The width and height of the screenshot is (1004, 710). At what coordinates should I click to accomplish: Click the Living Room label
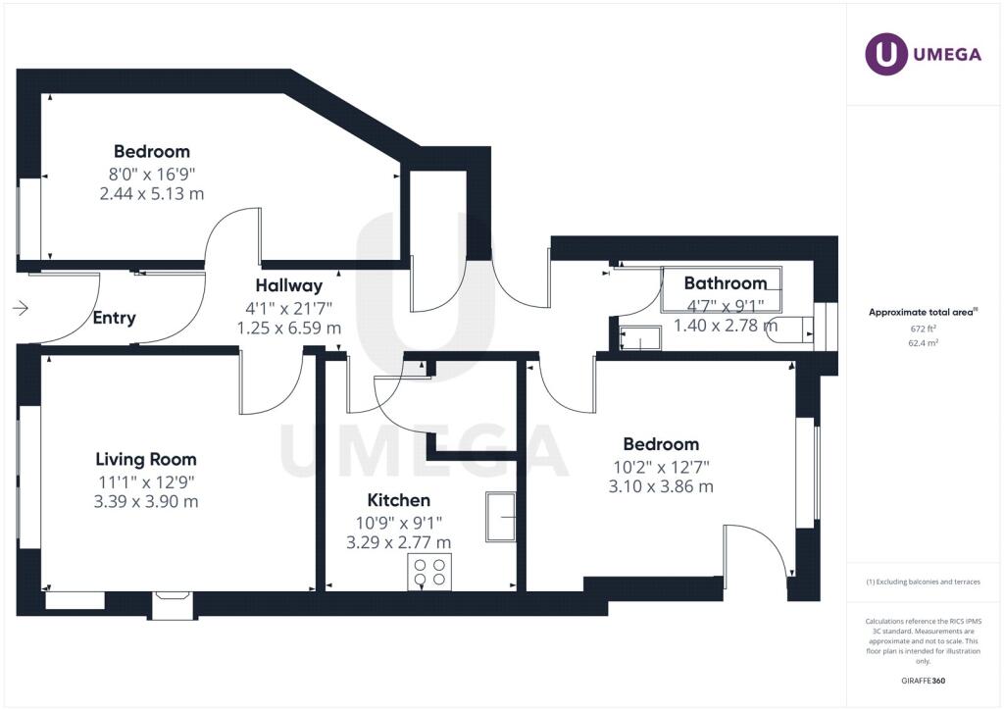[146, 459]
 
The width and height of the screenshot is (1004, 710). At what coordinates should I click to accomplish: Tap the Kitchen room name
[399, 500]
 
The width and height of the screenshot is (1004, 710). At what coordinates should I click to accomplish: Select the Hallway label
[289, 285]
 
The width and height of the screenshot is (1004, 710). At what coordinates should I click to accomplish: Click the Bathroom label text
[726, 283]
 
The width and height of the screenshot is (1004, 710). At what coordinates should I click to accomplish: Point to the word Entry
[114, 318]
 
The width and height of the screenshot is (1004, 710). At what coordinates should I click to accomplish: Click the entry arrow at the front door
[21, 309]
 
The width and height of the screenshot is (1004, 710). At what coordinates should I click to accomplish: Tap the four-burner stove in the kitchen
[429, 572]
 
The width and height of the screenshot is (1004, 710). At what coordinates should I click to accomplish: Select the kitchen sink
[501, 517]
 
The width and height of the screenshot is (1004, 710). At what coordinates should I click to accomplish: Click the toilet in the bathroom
[791, 330]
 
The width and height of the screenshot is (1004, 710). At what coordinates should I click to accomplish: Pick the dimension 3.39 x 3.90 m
[146, 501]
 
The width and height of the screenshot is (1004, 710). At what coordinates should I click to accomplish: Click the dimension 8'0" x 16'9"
[152, 175]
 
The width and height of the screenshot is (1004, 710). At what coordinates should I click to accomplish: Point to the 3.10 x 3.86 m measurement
[661, 486]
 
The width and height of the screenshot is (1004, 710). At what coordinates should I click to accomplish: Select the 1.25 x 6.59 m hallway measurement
[289, 329]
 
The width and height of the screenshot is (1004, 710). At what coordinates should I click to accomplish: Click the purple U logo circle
[886, 54]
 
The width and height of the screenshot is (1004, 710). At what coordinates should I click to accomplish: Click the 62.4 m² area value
[923, 342]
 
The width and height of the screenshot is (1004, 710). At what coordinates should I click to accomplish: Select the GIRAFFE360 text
[923, 681]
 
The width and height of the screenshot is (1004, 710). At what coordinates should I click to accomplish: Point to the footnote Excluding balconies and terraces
[923, 582]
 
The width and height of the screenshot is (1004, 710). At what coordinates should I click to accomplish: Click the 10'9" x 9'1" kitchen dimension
[399, 523]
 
